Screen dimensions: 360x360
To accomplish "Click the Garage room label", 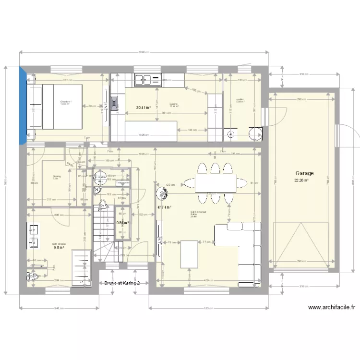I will [304, 173].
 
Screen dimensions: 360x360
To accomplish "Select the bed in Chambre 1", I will [58, 107].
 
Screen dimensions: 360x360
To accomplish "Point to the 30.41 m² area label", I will [143, 108].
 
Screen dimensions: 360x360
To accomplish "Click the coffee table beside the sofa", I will [189, 253].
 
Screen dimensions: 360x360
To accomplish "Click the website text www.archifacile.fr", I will [331, 308].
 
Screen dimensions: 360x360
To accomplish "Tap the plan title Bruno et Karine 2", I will [122, 283].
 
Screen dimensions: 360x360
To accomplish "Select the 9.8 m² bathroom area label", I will [59, 248].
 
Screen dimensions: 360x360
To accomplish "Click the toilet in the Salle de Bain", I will [34, 277].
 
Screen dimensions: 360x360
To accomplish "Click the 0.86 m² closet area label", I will [122, 223].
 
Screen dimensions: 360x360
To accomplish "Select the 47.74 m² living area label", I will [164, 208].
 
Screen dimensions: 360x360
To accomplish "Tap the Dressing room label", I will [56, 176].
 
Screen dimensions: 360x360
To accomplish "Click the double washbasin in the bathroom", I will [34, 235].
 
